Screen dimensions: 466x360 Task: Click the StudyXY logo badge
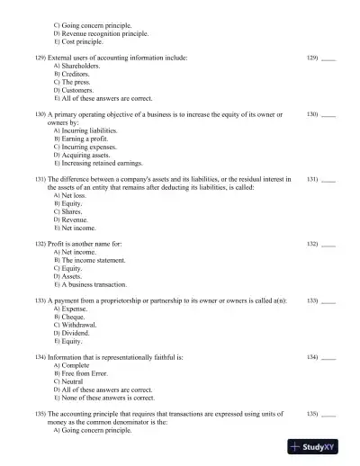tap(319, 446)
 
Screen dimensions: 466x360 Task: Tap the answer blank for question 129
tap(328, 58)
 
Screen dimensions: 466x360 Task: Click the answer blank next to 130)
tap(328, 116)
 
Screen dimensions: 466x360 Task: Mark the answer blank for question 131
tap(328, 181)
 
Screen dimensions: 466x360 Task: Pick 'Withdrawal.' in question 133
tap(80, 325)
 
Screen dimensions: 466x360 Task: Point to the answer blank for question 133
tap(328, 300)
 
